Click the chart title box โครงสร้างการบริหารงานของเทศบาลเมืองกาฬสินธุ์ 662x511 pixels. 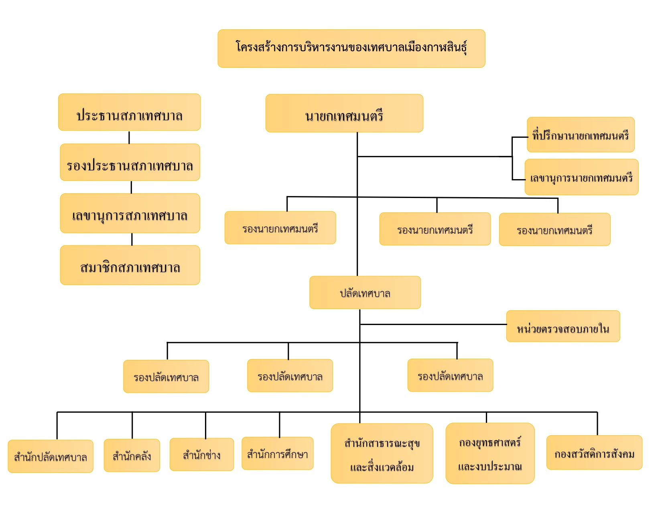[x=351, y=48]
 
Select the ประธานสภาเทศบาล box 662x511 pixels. [x=129, y=112]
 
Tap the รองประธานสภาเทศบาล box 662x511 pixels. [x=130, y=162]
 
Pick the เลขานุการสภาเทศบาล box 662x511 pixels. [x=130, y=213]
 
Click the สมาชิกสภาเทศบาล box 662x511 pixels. [x=130, y=265]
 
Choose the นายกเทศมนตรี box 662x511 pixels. [x=344, y=113]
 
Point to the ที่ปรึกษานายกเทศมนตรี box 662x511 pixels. [x=581, y=135]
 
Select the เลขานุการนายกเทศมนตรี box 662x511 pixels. [x=581, y=177]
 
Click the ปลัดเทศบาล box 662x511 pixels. [x=365, y=293]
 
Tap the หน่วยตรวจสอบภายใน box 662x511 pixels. [x=563, y=326]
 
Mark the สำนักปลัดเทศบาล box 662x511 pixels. [x=51, y=456]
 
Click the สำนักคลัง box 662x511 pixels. [x=132, y=455]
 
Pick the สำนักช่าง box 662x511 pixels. [x=202, y=454]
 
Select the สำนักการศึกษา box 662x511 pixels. [x=278, y=453]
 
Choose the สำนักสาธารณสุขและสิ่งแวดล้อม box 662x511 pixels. [x=382, y=453]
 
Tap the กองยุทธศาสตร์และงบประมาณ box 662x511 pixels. [x=490, y=453]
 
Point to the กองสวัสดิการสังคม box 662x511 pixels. [x=594, y=452]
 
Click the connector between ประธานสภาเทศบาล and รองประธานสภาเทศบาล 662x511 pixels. [x=129, y=137]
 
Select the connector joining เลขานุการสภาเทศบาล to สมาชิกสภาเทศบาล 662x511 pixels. [x=132, y=239]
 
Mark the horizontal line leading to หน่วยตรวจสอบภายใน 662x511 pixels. [x=433, y=324]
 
